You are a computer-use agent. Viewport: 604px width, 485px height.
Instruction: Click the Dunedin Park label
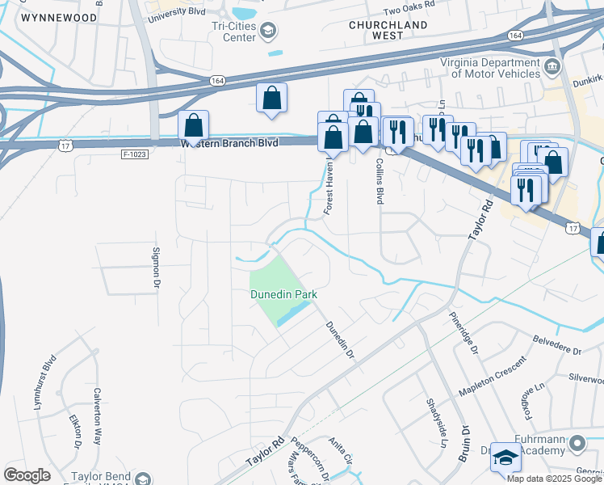pos(283,295)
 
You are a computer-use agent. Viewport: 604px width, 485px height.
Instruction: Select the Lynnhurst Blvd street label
pos(45,382)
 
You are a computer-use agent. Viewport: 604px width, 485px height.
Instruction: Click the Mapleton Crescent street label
pos(493,377)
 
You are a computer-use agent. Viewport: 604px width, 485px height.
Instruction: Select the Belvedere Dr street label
pos(557,346)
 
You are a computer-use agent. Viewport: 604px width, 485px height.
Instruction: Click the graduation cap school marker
pos(505,458)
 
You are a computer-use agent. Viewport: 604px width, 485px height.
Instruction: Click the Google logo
pos(27,475)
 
